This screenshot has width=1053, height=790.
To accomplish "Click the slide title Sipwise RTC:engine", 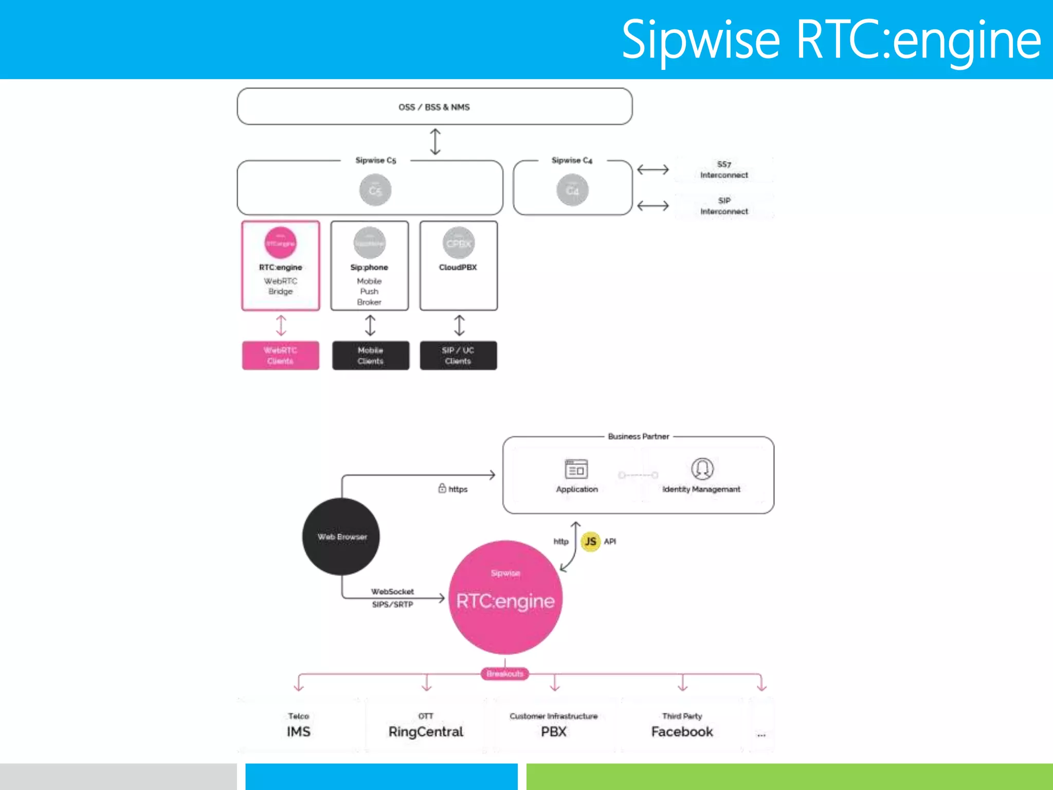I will [x=830, y=40].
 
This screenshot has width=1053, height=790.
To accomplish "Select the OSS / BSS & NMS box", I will [x=434, y=106].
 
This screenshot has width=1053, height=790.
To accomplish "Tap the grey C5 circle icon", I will [x=375, y=190].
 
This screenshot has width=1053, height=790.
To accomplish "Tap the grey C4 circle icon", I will [x=572, y=190].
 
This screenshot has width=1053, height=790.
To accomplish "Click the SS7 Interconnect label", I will [x=724, y=170].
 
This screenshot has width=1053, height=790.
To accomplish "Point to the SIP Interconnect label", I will [x=724, y=206].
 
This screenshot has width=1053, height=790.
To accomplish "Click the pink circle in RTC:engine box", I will [x=280, y=243].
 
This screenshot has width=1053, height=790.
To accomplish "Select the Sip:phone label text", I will [x=369, y=267].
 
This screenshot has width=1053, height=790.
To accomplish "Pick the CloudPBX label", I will [x=458, y=267].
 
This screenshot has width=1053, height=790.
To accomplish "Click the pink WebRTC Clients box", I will [x=280, y=355].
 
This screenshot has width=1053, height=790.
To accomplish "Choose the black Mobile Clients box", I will [x=370, y=355].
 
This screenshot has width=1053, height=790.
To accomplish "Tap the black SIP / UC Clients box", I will [x=458, y=355].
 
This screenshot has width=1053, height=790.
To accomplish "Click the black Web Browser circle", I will [x=341, y=536].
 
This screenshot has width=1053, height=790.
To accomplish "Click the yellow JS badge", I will [x=590, y=541].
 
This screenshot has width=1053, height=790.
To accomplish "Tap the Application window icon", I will [x=576, y=469].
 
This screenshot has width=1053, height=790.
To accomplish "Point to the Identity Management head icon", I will [x=702, y=469].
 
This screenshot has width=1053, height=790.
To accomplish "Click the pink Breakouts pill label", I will [x=504, y=674].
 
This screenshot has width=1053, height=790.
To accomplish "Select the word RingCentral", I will [x=426, y=731].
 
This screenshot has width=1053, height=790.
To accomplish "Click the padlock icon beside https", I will [x=442, y=488].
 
